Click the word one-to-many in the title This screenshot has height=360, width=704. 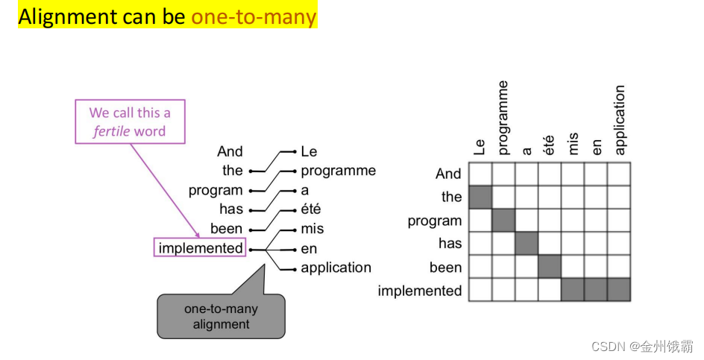254,16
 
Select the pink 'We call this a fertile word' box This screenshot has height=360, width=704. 129,122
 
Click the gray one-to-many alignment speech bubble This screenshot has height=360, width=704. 221,317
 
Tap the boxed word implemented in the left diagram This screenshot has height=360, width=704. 200,248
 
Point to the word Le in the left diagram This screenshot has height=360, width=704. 309,151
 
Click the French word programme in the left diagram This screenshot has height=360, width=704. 338,171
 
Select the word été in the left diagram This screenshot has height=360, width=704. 311,209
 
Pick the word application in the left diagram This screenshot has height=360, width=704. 336,268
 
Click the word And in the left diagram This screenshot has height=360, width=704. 230,151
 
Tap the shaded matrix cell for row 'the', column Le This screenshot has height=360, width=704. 480,197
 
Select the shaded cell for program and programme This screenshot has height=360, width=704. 503,221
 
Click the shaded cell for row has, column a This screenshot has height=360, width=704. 527,244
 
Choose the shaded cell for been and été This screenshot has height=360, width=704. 550,267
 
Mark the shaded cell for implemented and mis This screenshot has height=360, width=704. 573,290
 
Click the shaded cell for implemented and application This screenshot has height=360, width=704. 619,290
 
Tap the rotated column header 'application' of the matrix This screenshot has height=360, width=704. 620,120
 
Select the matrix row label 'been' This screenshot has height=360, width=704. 445,267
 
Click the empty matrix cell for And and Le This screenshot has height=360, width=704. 480,174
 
